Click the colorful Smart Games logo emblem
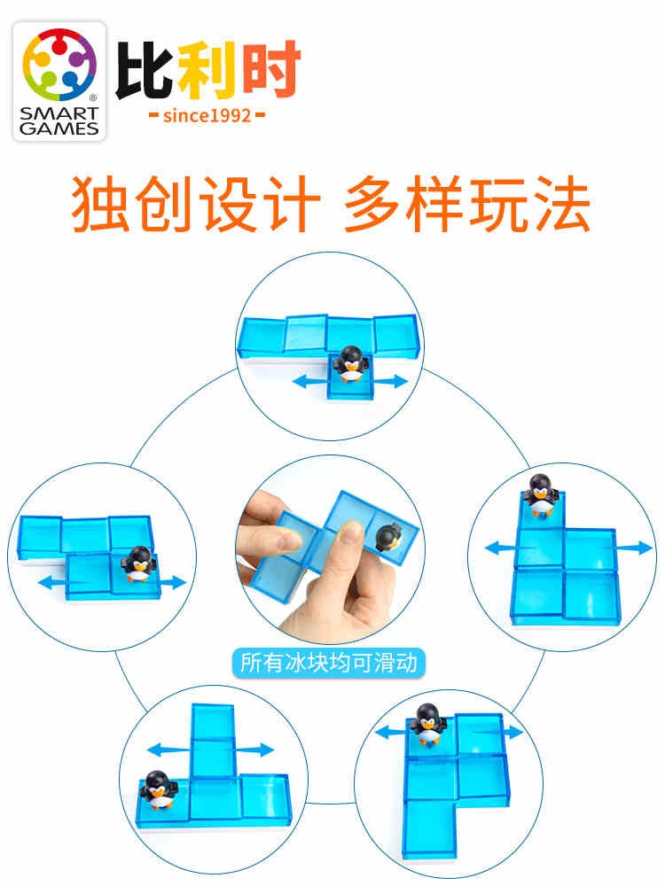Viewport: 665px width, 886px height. (x=59, y=65)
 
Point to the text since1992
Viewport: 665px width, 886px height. (x=207, y=116)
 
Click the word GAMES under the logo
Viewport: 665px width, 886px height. (x=59, y=128)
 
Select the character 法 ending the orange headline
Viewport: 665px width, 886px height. (x=559, y=204)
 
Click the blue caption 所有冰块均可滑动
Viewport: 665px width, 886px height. (x=329, y=663)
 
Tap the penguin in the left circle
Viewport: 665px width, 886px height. (x=137, y=563)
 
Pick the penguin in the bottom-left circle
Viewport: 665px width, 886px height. (x=157, y=789)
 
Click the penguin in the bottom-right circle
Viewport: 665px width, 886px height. (x=428, y=725)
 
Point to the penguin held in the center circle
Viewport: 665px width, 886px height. (x=388, y=537)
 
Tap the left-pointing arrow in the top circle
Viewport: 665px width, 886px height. (x=309, y=381)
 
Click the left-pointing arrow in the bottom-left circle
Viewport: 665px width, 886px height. (x=168, y=750)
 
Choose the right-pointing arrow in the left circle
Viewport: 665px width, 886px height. (x=172, y=582)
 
